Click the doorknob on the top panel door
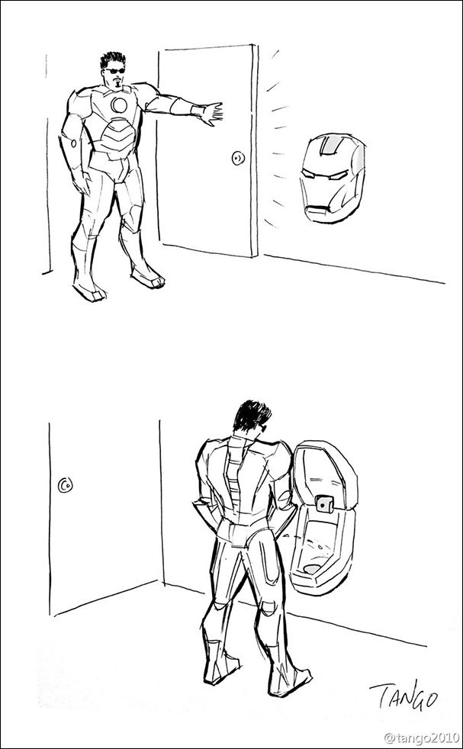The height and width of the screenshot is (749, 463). (x=238, y=158)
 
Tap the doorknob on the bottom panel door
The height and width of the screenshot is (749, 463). (x=65, y=485)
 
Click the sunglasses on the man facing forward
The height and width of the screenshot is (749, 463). (x=115, y=71)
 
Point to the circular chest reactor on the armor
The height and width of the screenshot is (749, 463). (x=119, y=104)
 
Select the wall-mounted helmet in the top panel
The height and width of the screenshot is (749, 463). (x=333, y=178)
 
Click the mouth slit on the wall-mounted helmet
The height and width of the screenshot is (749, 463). (x=317, y=209)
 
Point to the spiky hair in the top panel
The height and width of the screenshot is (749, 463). (x=113, y=59)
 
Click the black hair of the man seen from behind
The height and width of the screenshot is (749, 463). (x=251, y=416)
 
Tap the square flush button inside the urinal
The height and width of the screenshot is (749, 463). (x=325, y=503)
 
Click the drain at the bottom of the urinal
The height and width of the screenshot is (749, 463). (x=313, y=569)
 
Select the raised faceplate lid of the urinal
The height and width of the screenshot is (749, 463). (x=324, y=475)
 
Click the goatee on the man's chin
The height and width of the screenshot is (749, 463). (x=117, y=84)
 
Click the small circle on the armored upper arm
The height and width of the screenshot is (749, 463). (x=73, y=143)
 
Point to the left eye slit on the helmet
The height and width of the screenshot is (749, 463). (x=307, y=175)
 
